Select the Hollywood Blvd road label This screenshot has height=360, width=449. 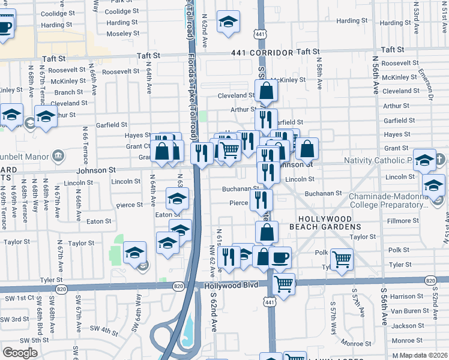tap(231, 284)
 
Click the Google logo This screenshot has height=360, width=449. tap(20, 352)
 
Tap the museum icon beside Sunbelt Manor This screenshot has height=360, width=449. tap(58, 157)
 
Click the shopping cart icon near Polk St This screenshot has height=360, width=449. tap(342, 259)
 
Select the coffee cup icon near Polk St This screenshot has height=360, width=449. tap(280, 257)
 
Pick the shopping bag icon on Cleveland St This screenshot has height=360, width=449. tap(266, 92)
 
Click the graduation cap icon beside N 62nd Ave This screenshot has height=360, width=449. tap(228, 22)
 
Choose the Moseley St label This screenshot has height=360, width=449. tap(122, 34)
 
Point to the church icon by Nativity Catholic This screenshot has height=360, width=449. tap(439, 160)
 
